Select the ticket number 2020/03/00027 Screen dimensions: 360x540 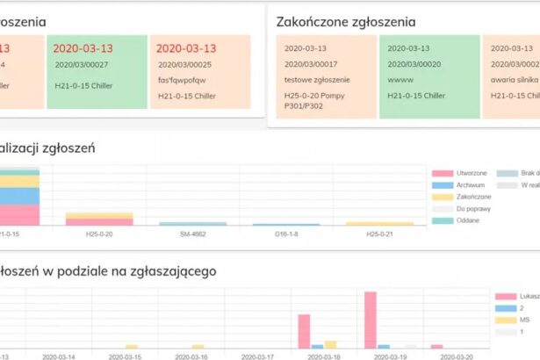[x=82, y=64]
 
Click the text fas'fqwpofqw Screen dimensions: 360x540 [x=182, y=80]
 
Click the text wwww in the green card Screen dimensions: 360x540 [x=400, y=80]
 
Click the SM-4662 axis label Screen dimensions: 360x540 [x=192, y=234]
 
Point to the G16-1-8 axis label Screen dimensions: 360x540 [x=285, y=234]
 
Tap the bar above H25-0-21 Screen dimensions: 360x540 [x=378, y=224]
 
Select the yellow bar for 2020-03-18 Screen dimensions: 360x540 [x=330, y=344]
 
